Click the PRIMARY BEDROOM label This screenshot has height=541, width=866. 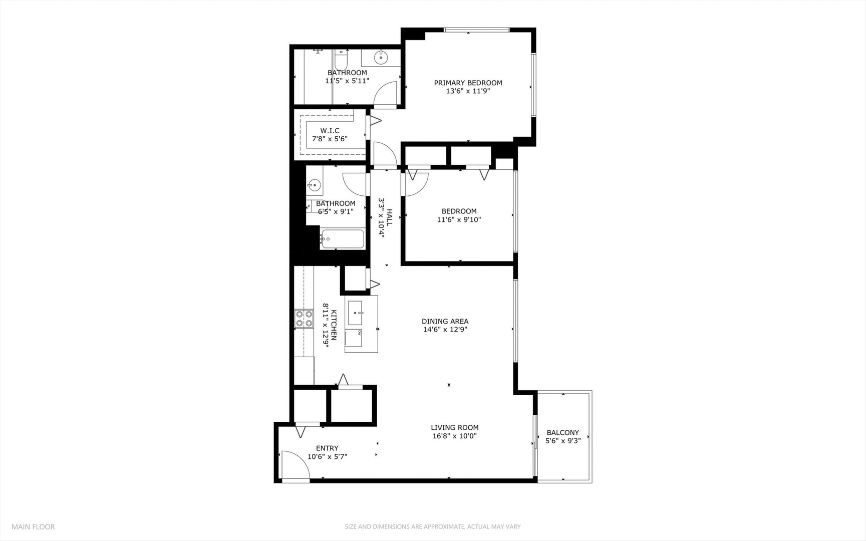(x=468, y=83)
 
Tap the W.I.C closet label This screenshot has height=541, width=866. (x=330, y=131)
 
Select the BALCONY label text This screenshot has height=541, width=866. (x=562, y=432)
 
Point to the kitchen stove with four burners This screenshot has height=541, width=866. (x=304, y=319)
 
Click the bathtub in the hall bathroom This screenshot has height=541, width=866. (x=343, y=239)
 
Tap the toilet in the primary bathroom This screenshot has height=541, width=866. (x=341, y=61)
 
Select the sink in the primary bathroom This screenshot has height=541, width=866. (x=381, y=58)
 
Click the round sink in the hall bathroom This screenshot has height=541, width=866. (x=314, y=185)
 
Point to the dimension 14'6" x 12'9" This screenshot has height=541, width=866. (x=445, y=330)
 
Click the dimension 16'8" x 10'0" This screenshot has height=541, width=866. (x=454, y=436)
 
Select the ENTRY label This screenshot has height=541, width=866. (x=327, y=448)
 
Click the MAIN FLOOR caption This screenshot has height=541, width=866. (x=33, y=526)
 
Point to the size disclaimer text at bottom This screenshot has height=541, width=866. (x=432, y=526)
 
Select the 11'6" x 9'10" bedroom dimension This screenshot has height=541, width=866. (x=459, y=219)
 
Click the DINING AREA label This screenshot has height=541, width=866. (x=445, y=321)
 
